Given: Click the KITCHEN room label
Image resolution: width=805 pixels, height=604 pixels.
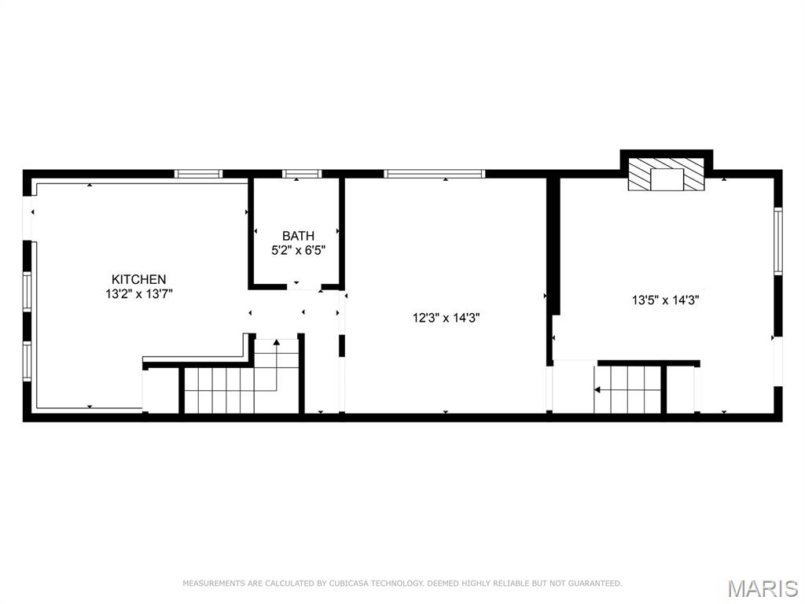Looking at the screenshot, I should pos(138,279).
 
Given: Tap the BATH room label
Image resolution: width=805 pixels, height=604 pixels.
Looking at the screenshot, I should pos(298,236).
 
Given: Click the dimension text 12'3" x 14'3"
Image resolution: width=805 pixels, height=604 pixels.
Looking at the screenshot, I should pos(446,319).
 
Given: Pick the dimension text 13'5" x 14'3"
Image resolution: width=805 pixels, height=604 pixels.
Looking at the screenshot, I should pos(665,300).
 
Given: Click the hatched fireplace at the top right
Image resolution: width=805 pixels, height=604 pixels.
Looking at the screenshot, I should pos(667,175).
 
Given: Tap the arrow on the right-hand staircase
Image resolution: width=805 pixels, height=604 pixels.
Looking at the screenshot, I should pos(598,389).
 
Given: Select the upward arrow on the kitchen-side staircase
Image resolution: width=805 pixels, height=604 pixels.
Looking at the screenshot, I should pos(277,343).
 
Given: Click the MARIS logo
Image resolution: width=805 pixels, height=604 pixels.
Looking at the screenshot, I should pos(762,588).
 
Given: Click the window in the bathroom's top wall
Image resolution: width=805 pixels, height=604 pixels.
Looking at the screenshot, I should pos(302,174).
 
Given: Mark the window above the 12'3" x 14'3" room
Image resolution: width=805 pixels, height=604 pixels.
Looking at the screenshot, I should pos(434,174).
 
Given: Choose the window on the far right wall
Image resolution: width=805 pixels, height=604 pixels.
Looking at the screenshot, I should pos(777,241).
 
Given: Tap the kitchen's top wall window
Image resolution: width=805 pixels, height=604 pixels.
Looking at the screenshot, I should pos(198,174).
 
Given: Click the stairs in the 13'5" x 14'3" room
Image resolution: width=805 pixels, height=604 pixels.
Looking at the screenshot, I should pos(629,389).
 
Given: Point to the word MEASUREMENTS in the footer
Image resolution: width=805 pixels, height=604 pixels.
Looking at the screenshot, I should pos(211,584).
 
